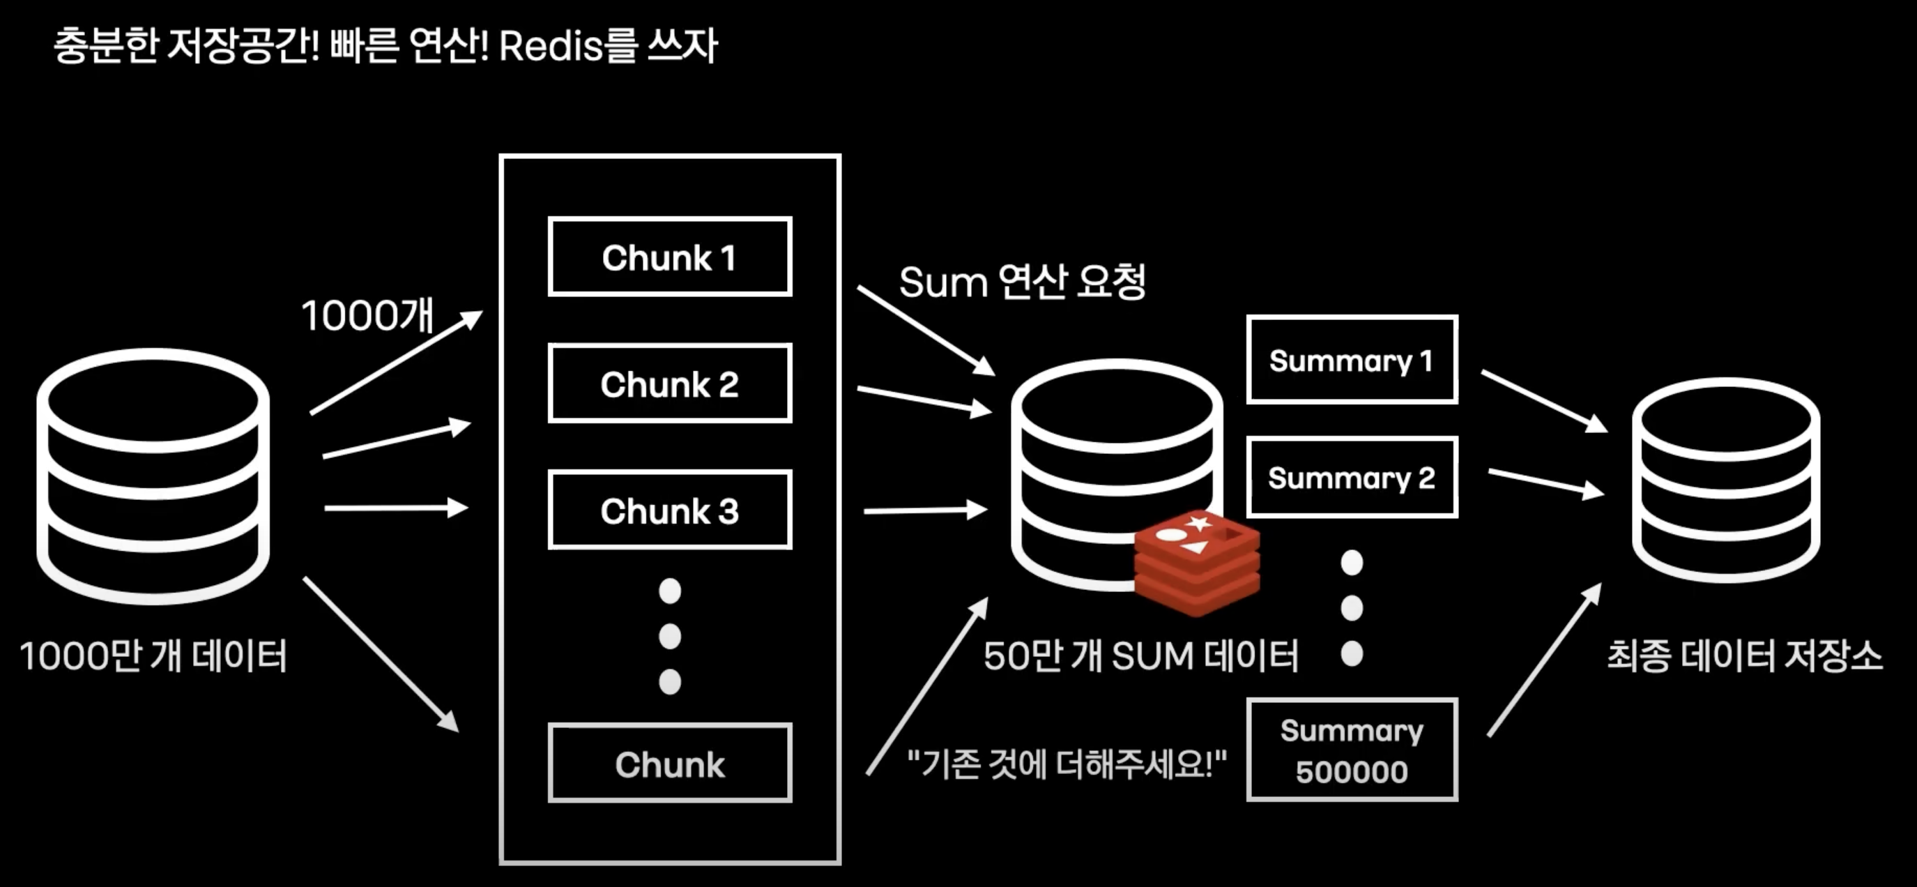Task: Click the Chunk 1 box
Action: pos(670,257)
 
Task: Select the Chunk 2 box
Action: pos(670,384)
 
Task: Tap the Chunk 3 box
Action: pos(670,510)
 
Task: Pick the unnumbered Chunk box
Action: pos(670,763)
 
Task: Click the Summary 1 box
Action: pos(1352,360)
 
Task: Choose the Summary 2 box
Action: pos(1352,477)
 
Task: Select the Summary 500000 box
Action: pos(1352,750)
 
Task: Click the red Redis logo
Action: pos(1197,562)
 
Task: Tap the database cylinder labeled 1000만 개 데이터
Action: pos(153,476)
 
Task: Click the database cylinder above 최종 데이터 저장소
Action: pos(1726,480)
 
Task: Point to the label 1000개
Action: pos(367,314)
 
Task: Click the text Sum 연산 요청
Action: pos(1022,281)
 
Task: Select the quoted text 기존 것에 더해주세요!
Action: pos(1067,764)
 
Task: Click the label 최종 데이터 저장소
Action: pos(1744,656)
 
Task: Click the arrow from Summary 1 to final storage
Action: pos(1544,401)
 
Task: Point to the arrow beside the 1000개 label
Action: pos(396,363)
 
